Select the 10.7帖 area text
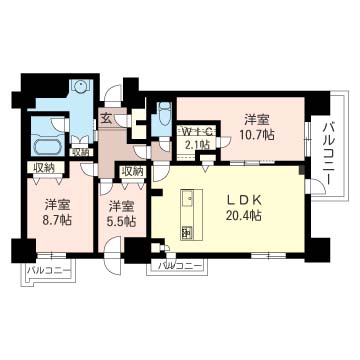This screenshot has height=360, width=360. (257, 134)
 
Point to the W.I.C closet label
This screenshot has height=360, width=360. (198, 131)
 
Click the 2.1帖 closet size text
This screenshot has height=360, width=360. (198, 144)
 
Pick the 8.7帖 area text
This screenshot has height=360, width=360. (58, 220)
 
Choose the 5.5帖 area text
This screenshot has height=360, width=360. (123, 221)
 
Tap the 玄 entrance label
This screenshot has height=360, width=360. (106, 118)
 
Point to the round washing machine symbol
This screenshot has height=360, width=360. (81, 87)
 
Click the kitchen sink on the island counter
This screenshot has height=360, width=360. (187, 201)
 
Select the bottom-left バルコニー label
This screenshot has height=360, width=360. (49, 270)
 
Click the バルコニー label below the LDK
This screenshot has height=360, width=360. (180, 266)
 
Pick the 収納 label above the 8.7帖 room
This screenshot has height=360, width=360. (45, 168)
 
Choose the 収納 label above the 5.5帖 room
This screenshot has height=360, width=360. (132, 172)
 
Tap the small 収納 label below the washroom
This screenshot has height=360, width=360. (81, 152)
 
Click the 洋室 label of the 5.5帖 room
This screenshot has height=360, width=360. (122, 207)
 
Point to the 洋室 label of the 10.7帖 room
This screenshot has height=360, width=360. (257, 120)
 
